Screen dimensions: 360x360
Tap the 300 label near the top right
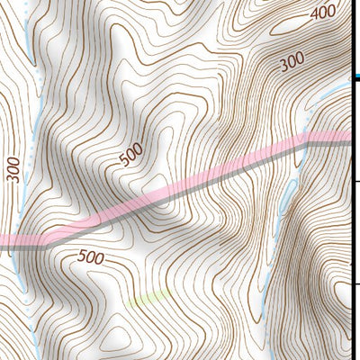click(x=290, y=62)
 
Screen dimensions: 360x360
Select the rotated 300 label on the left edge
click(x=12, y=168)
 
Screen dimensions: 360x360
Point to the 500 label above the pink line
click(x=130, y=157)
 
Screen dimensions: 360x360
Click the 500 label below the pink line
click(x=91, y=257)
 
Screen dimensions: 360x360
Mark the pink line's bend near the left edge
click(x=45, y=240)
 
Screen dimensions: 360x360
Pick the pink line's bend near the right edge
click(x=309, y=141)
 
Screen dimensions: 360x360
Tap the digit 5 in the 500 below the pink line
click(x=82, y=256)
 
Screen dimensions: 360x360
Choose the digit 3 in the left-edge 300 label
click(x=12, y=178)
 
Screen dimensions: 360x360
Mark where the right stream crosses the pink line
click(x=301, y=144)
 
